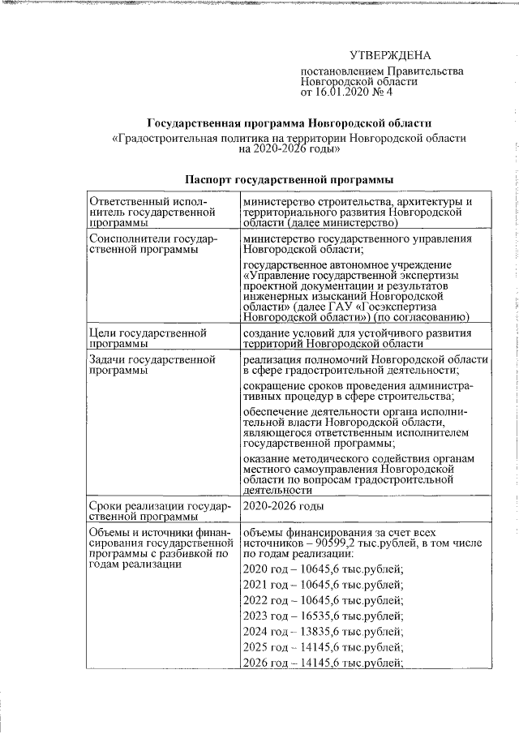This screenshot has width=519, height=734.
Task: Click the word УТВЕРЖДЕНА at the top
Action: tap(390, 55)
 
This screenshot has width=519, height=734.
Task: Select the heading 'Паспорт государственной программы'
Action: tap(290, 178)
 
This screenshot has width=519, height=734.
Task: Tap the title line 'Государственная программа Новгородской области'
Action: tap(289, 123)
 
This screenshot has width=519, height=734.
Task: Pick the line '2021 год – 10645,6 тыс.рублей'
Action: tap(323, 584)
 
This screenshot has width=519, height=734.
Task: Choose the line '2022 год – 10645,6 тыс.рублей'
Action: tap(323, 600)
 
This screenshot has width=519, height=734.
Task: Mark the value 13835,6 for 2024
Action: tap(329, 632)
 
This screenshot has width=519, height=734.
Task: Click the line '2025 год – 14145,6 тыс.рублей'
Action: tap(323, 648)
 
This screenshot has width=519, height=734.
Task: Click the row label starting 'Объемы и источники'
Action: tap(154, 547)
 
